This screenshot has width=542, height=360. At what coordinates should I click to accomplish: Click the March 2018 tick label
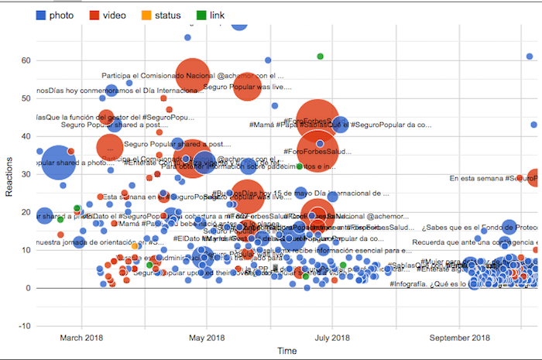click(81, 338)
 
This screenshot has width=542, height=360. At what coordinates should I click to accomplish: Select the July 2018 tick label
click(331, 338)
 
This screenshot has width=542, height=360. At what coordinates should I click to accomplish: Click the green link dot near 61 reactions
click(320, 56)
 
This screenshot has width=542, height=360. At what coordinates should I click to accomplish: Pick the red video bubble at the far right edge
click(533, 177)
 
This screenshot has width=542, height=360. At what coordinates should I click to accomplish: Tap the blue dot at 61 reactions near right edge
click(530, 56)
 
